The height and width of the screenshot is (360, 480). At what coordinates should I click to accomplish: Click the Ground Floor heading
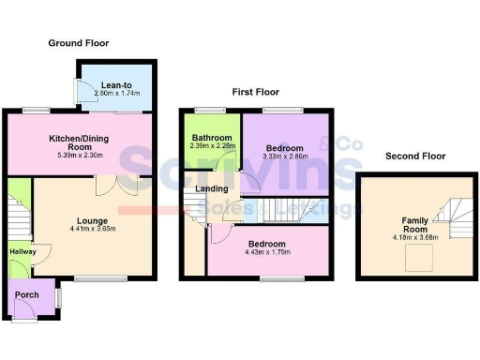coord(79,43)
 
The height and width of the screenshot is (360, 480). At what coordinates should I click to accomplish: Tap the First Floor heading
coord(256,92)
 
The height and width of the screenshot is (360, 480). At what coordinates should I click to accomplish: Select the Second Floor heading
coord(413,156)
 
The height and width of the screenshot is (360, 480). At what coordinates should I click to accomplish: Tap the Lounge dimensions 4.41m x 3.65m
coord(92,230)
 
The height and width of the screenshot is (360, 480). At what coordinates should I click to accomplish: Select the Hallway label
coord(22,251)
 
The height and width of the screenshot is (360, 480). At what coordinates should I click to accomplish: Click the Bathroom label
coord(211,138)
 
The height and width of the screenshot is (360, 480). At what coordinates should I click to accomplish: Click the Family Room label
coord(414,224)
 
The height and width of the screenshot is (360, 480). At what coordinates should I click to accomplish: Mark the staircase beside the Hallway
coord(18,211)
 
